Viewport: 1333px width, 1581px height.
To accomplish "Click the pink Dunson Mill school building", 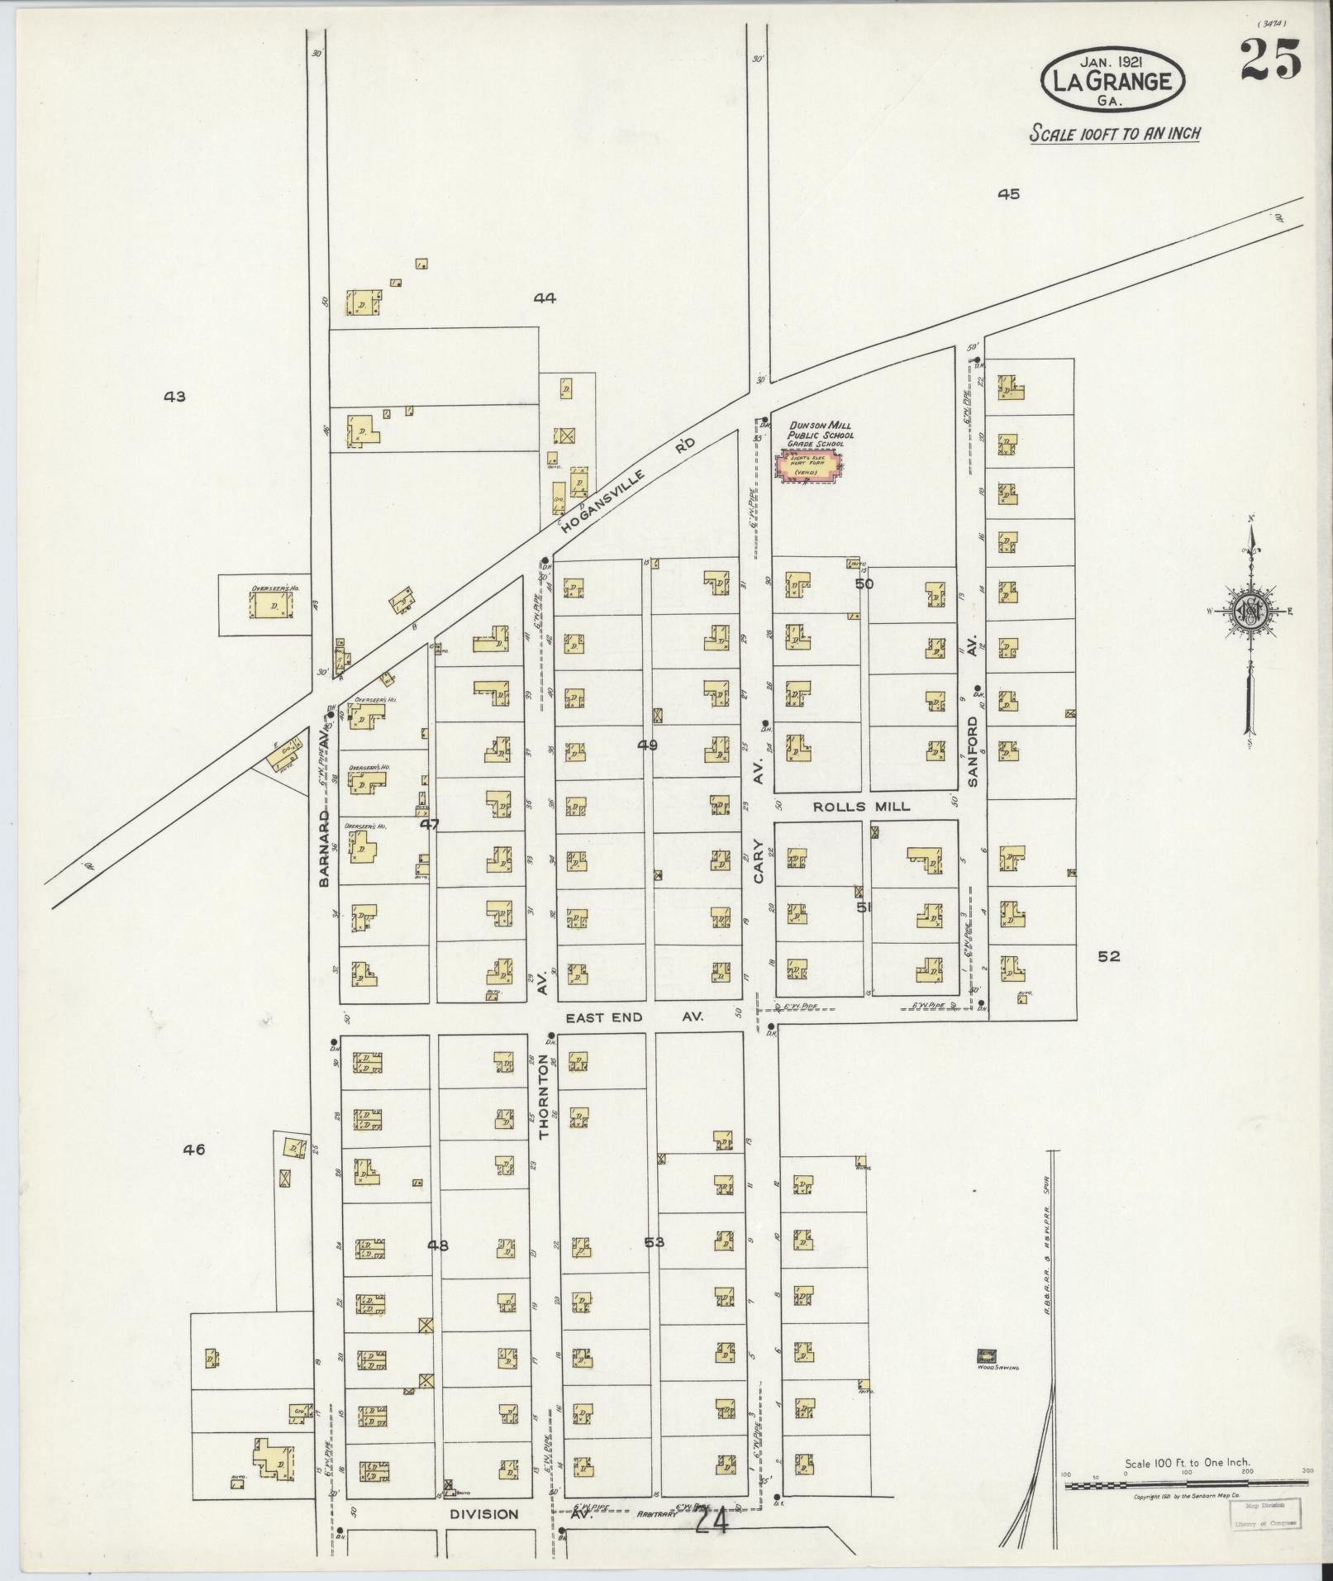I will tap(808, 465).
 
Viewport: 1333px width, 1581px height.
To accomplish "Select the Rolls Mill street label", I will tap(861, 807).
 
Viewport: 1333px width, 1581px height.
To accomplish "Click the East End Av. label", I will tap(633, 1017).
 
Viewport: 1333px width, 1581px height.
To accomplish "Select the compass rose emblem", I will tap(1250, 612).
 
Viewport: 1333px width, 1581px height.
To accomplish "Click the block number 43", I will tap(174, 397).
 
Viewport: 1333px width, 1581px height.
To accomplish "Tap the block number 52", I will tap(1108, 956).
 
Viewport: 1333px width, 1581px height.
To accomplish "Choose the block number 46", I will tap(194, 1149).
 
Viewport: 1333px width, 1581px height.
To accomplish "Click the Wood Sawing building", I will tap(987, 1355).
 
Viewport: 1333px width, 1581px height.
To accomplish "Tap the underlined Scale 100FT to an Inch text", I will tap(1114, 133).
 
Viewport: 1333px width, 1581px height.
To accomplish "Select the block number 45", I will tap(1008, 194).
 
